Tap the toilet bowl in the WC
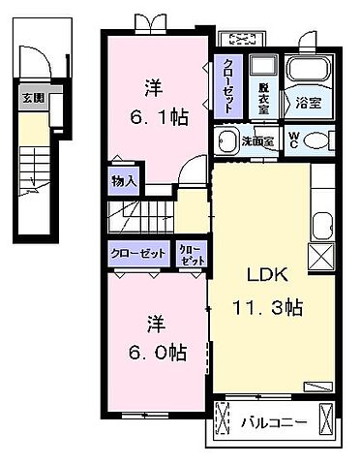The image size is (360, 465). (x=315, y=139)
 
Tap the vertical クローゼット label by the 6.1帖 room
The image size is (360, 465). (x=226, y=78)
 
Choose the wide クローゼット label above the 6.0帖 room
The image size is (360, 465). (x=137, y=252)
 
